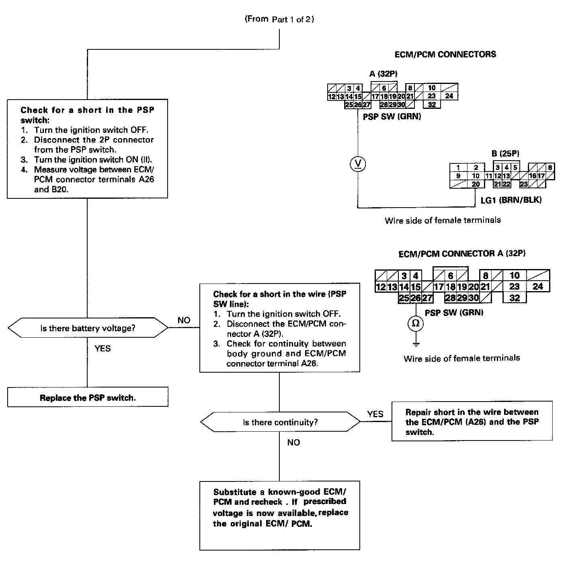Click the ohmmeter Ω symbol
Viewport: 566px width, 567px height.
click(416, 324)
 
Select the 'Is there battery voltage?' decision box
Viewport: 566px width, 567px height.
click(88, 328)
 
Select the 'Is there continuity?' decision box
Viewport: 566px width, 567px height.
click(280, 422)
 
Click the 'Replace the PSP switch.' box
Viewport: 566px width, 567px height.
click(88, 398)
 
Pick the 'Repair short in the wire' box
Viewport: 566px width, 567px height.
click(472, 422)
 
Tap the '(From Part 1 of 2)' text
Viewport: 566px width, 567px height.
click(279, 19)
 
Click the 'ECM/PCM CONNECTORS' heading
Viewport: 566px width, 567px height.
click(445, 54)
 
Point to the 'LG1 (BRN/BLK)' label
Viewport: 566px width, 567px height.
click(511, 200)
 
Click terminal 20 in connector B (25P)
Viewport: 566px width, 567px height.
click(476, 184)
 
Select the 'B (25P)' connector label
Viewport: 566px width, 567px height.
click(505, 153)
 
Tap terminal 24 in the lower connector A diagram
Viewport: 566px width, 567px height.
click(537, 286)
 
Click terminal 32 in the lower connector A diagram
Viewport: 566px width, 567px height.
click(515, 298)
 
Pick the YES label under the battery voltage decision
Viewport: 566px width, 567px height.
click(103, 349)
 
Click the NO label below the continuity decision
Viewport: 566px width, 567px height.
click(293, 443)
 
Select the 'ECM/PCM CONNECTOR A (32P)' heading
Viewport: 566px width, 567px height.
click(462, 254)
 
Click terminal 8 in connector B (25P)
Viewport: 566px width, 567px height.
click(550, 168)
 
